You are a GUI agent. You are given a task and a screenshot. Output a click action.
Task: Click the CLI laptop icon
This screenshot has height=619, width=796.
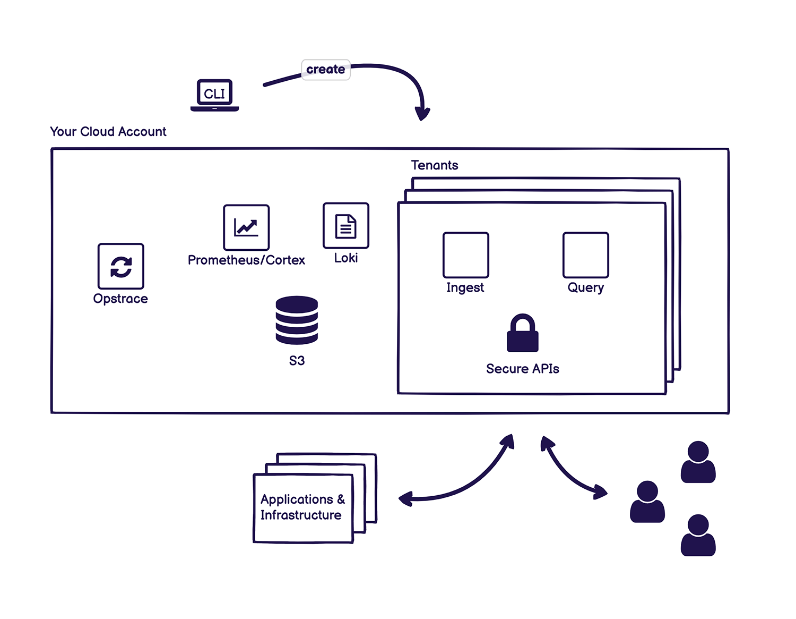pos(214,95)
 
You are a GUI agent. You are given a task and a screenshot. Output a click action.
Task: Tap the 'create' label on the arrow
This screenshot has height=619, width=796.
pos(325,69)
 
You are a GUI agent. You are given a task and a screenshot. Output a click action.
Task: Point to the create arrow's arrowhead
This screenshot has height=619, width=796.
pos(422,114)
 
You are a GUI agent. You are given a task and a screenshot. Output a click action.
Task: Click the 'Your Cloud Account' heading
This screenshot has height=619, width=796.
pos(108,131)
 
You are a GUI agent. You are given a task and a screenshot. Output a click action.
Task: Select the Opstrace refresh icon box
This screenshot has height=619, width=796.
pos(120,266)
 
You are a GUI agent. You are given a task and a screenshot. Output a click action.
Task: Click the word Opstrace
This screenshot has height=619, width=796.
pos(120,299)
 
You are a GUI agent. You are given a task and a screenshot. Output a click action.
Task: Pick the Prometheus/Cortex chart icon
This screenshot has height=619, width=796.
pos(246,227)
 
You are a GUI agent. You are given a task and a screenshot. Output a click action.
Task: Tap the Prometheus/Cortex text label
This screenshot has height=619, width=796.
pos(246,260)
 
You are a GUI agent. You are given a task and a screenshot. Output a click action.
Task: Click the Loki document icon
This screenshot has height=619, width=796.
pos(346,225)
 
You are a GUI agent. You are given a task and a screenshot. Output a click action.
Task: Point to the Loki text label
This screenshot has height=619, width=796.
pos(346,258)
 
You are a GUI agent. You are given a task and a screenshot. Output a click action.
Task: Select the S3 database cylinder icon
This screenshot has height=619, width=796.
pos(297,320)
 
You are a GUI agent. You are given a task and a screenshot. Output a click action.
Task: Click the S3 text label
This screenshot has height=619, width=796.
pos(297,360)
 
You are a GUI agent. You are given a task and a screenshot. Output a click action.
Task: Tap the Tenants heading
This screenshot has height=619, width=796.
pos(435,165)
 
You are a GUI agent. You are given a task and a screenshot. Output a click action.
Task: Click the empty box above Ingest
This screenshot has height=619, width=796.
pos(465,255)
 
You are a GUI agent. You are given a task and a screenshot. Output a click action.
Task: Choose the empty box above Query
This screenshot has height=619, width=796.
pos(585,255)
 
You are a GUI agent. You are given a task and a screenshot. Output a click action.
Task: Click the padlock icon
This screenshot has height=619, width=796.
pos(522,333)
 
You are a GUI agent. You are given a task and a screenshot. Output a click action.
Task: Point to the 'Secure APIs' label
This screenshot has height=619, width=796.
pos(522,369)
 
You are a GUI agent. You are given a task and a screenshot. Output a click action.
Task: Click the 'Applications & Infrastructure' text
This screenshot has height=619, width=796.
pos(302,507)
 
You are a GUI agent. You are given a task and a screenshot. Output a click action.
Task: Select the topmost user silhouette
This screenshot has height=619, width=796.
pos(698,462)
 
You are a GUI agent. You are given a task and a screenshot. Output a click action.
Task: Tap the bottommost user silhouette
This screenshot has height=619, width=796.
pos(698,535)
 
